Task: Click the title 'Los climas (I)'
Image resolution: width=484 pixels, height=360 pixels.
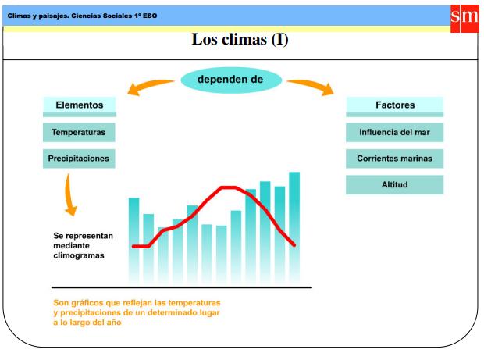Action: pyautogui.click(x=240, y=39)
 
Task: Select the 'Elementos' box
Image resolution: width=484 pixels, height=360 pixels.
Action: pyautogui.click(x=79, y=105)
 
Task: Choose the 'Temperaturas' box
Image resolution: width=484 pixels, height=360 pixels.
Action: pyautogui.click(x=79, y=132)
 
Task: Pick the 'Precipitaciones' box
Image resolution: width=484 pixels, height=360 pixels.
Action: pyautogui.click(x=79, y=159)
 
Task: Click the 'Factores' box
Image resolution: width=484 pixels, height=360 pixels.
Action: pyautogui.click(x=394, y=105)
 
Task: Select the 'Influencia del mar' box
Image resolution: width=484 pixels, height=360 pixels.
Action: pyautogui.click(x=394, y=132)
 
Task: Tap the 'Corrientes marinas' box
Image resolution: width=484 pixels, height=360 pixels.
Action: pyautogui.click(x=394, y=159)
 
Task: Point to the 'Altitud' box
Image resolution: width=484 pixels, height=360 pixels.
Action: pyautogui.click(x=394, y=185)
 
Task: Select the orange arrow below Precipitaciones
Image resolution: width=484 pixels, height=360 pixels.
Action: pyautogui.click(x=69, y=195)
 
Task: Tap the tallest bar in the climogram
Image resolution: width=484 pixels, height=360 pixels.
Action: pyautogui.click(x=294, y=226)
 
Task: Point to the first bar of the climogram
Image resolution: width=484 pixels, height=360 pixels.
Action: pyautogui.click(x=133, y=238)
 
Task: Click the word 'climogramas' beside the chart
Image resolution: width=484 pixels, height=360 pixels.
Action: pyautogui.click(x=78, y=255)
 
